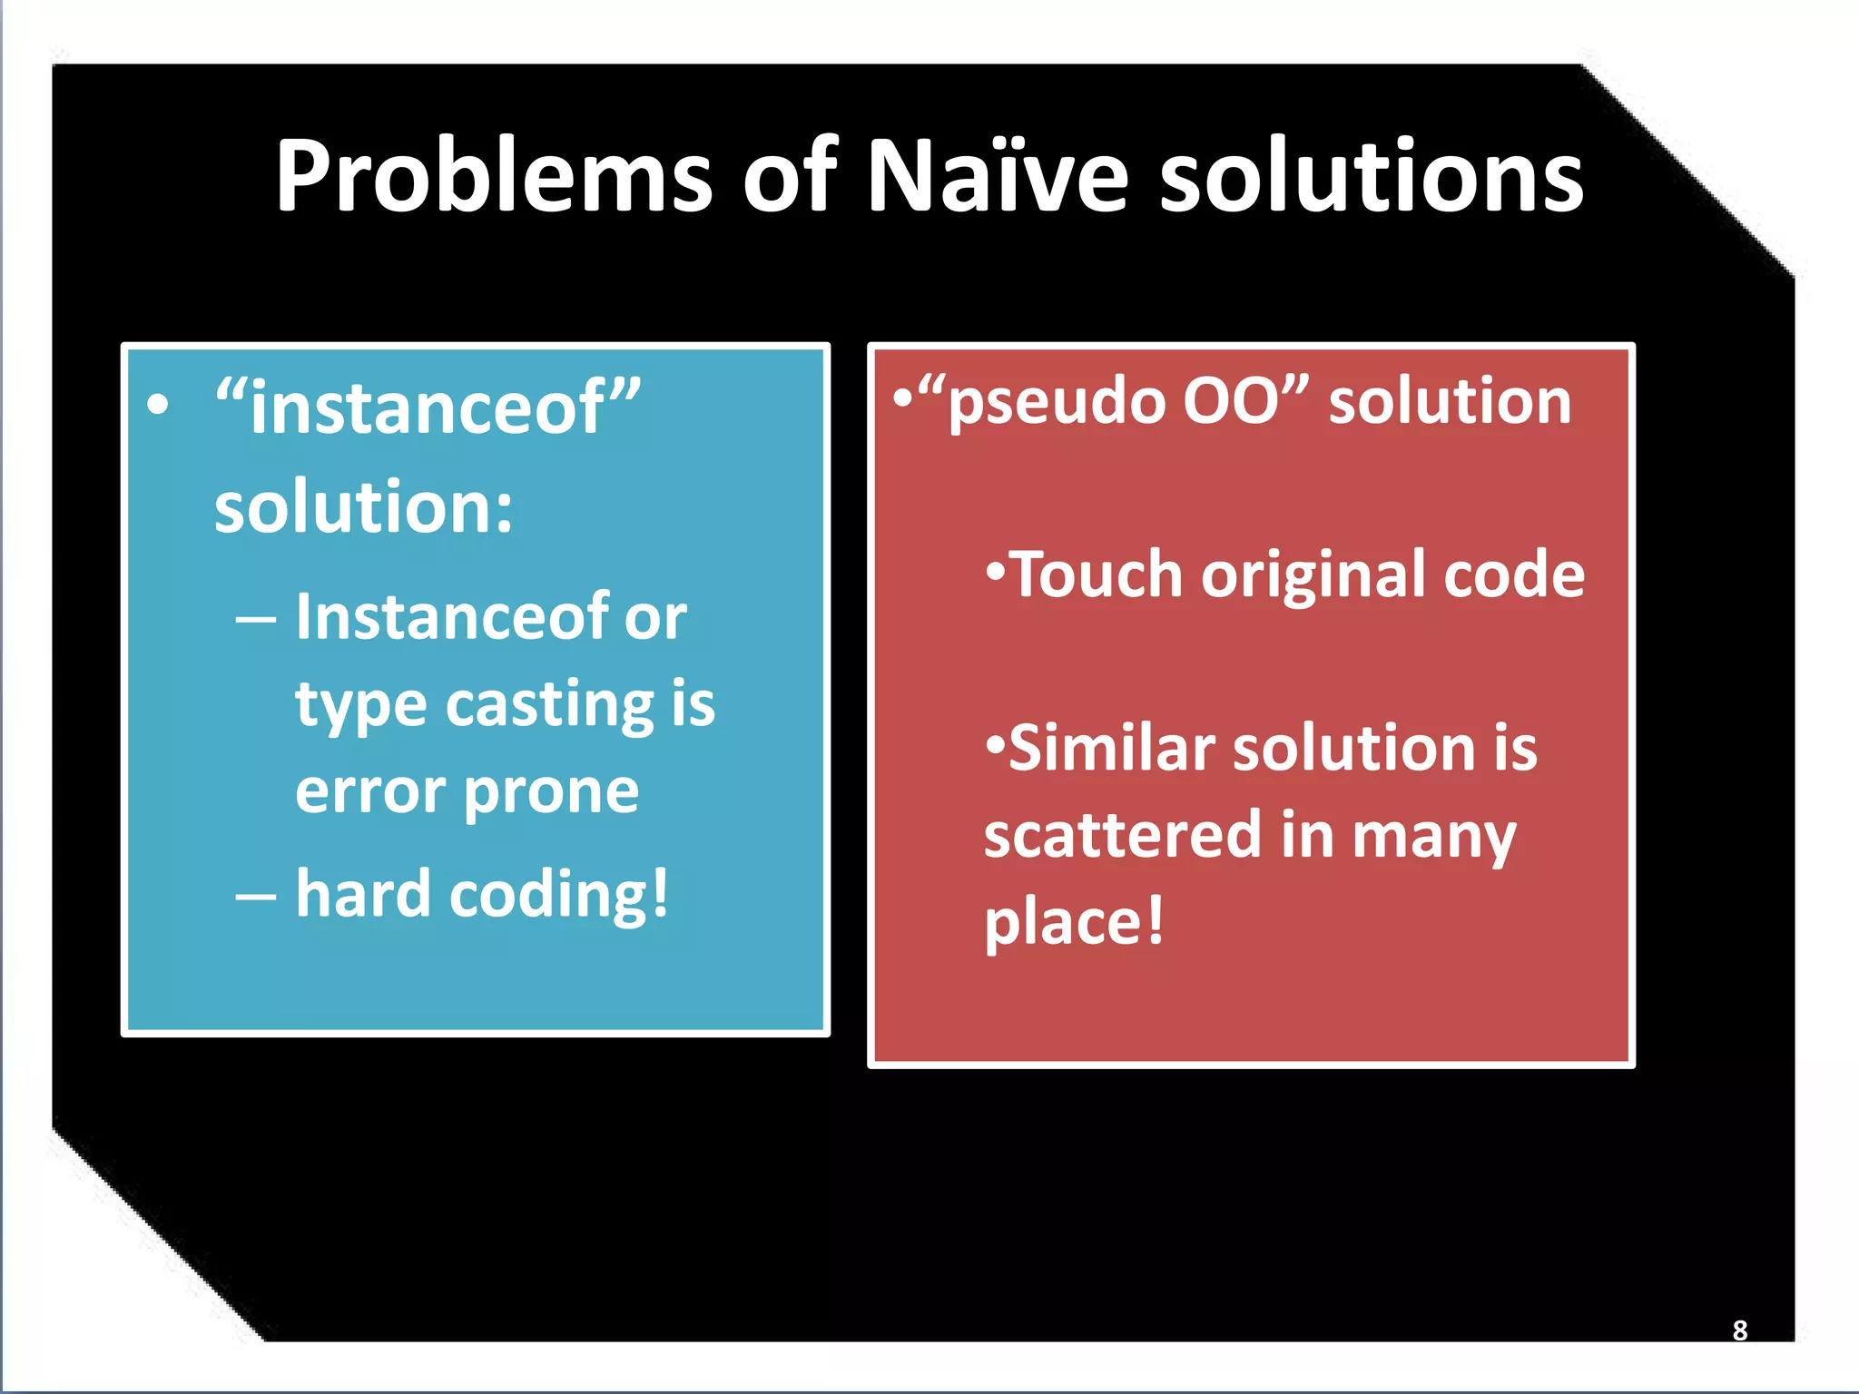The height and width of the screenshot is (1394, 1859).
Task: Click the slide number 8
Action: [1739, 1330]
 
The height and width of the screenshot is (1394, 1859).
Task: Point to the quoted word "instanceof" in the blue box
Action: [428, 407]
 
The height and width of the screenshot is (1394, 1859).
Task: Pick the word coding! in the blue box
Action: [559, 895]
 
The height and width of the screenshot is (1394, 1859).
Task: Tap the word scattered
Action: [1122, 835]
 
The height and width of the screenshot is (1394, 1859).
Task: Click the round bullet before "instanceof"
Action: [158, 405]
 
